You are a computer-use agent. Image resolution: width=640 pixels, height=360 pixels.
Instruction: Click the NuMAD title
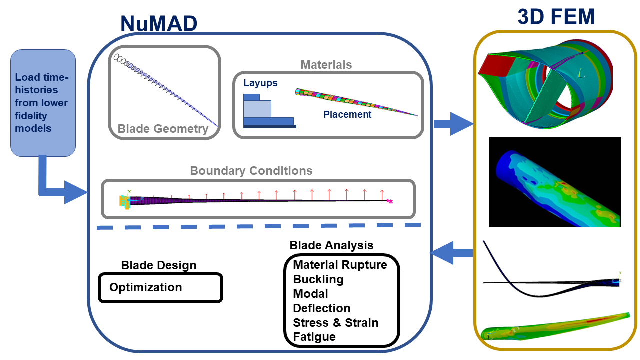159,23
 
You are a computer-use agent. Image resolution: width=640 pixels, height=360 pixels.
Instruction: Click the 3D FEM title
556,17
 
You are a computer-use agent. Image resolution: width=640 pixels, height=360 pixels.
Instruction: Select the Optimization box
160,287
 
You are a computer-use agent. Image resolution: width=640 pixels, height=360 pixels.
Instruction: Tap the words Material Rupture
340,265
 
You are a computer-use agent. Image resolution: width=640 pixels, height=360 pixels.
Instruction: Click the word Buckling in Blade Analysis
318,279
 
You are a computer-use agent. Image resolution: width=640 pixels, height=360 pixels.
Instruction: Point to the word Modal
310,294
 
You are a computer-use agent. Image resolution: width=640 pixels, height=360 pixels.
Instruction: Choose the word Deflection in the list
321,308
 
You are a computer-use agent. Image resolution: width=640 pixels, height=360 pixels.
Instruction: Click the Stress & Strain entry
335,323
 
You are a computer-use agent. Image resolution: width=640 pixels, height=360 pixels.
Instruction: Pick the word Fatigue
314,337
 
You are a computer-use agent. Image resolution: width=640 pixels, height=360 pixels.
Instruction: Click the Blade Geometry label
163,129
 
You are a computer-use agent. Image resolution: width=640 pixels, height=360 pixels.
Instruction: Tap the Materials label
326,65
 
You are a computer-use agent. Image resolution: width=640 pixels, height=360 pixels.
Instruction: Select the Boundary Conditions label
251,171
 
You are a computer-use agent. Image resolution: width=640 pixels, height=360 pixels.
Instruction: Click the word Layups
260,83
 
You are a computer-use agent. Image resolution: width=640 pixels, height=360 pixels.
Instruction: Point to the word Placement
347,114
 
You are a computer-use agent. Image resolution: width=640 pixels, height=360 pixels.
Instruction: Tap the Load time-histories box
43,103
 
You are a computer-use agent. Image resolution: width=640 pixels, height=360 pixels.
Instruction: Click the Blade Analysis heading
331,245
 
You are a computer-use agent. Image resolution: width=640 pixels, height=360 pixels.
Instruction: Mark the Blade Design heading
159,265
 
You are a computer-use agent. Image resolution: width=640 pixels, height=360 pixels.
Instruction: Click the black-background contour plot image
555,182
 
